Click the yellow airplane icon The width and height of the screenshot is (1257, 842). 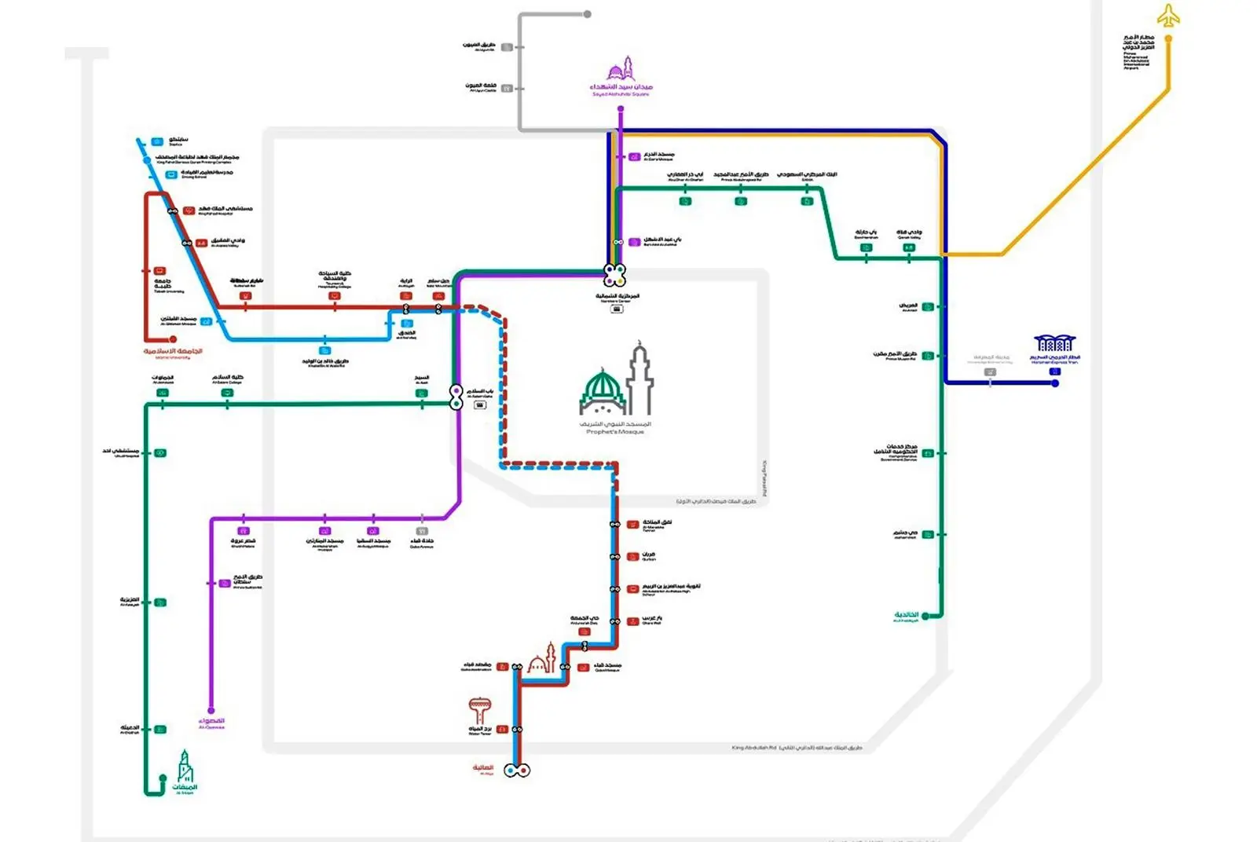coord(1168,16)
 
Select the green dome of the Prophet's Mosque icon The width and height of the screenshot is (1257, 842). coord(603,386)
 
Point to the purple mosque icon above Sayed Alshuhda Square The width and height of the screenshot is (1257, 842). coord(621,68)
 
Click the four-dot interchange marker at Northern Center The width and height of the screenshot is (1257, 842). coord(614,275)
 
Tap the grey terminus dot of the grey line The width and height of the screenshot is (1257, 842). coord(587,14)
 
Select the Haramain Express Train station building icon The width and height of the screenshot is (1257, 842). coord(1054,343)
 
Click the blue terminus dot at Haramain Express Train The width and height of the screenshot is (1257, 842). coord(1055,383)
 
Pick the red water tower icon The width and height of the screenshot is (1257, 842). coord(479,710)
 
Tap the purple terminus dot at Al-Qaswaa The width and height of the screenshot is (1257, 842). coord(211,710)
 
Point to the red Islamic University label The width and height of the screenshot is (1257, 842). coord(173,352)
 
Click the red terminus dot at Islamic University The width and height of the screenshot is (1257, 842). coord(147,339)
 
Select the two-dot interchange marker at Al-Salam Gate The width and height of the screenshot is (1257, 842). coord(456,397)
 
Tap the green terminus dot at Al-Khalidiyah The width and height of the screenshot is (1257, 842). coord(925,616)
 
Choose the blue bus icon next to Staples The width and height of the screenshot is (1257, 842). coord(157,141)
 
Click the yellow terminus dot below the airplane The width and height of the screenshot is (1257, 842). coord(1168,38)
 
